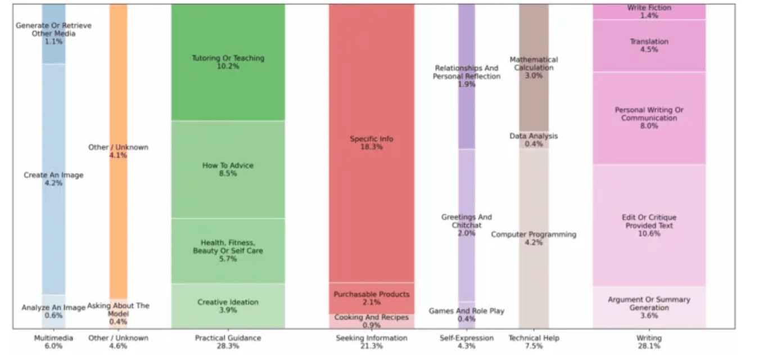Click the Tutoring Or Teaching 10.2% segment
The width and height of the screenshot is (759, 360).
pyautogui.click(x=228, y=62)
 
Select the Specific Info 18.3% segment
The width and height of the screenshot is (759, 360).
pyautogui.click(x=371, y=143)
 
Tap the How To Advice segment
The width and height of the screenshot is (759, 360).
pyautogui.click(x=228, y=169)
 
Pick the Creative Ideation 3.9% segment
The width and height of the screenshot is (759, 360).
pyautogui.click(x=228, y=306)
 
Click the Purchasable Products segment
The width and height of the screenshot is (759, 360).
pyautogui.click(x=371, y=298)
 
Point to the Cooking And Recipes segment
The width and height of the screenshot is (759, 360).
pyautogui.click(x=371, y=321)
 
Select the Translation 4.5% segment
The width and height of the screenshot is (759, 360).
pyautogui.click(x=649, y=46)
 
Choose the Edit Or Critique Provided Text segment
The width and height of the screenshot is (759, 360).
pyautogui.click(x=649, y=225)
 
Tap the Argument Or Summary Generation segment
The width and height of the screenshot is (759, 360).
pyautogui.click(x=649, y=307)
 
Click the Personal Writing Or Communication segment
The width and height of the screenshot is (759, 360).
pyautogui.click(x=649, y=118)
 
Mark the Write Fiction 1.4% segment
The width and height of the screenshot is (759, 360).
pyautogui.click(x=649, y=12)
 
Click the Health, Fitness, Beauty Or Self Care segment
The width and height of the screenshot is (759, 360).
pyautogui.click(x=228, y=250)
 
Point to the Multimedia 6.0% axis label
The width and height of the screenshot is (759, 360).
pyautogui.click(x=53, y=342)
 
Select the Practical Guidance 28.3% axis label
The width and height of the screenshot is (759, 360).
pyautogui.click(x=228, y=342)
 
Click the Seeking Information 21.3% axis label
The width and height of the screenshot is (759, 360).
pyautogui.click(x=371, y=342)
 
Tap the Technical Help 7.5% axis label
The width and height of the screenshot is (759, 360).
pyautogui.click(x=534, y=342)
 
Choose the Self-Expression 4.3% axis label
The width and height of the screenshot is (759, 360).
pyautogui.click(x=466, y=342)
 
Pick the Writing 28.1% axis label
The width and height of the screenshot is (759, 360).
pyautogui.click(x=649, y=342)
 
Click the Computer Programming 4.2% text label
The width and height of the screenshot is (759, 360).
pyautogui.click(x=534, y=238)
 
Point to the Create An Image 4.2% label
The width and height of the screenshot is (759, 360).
pyautogui.click(x=53, y=179)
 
